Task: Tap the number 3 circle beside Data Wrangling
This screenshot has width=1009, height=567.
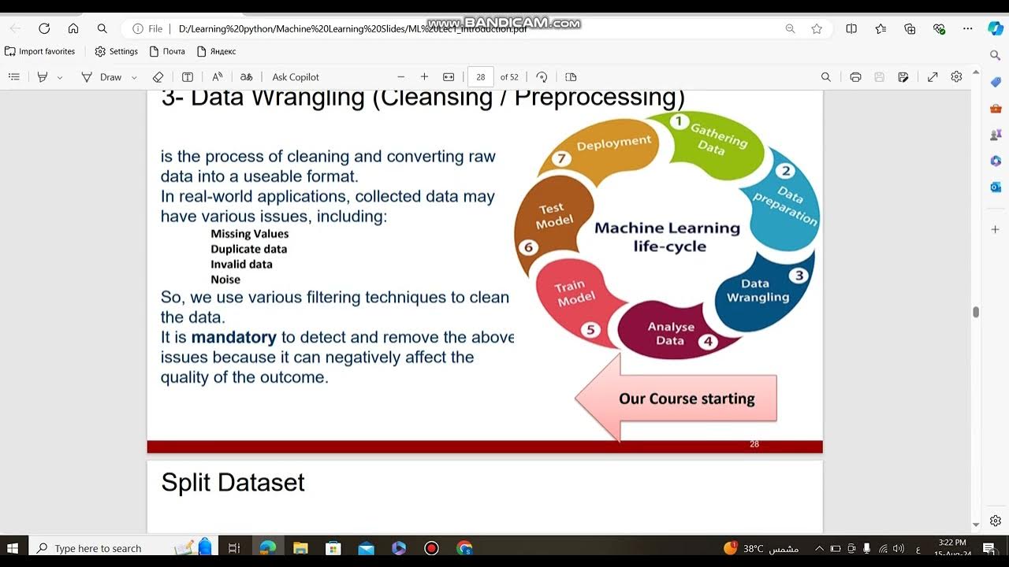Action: click(799, 275)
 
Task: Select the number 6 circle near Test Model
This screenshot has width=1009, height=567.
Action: click(528, 247)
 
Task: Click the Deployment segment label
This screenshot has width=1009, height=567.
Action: click(614, 143)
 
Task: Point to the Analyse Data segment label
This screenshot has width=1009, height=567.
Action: click(671, 333)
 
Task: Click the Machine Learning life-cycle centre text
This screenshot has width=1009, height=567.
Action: click(667, 236)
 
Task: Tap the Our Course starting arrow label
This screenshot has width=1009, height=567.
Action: click(687, 398)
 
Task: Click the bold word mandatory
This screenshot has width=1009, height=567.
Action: click(233, 337)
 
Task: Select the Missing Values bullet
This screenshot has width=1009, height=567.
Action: click(249, 234)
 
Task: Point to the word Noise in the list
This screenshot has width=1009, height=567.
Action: click(225, 280)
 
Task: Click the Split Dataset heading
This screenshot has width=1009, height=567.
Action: click(233, 482)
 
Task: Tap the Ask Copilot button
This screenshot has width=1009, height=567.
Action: click(296, 77)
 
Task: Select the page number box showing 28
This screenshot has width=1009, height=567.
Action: click(481, 77)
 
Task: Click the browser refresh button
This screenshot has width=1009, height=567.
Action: click(44, 28)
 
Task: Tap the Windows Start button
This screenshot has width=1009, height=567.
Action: click(13, 548)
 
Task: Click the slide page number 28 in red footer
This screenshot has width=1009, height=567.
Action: click(754, 444)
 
